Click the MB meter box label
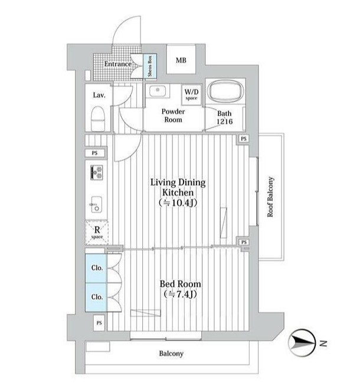coord(181,60)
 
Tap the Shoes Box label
coord(150,66)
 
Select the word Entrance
coord(118,64)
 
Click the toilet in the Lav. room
coord(98,119)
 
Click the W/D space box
coord(191,95)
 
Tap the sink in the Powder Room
coord(158,91)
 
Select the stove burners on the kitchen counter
coord(97,172)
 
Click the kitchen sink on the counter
coord(96,204)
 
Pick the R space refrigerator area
coord(97,232)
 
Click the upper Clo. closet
coord(96,268)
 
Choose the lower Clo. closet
coord(96,297)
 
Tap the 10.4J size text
coord(178,203)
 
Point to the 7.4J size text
coord(180,294)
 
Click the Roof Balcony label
coord(271,197)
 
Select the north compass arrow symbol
coord(302,343)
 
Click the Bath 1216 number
coord(225,122)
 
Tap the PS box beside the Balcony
coord(99,323)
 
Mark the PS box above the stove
coord(95,153)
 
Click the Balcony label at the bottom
coord(171,354)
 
